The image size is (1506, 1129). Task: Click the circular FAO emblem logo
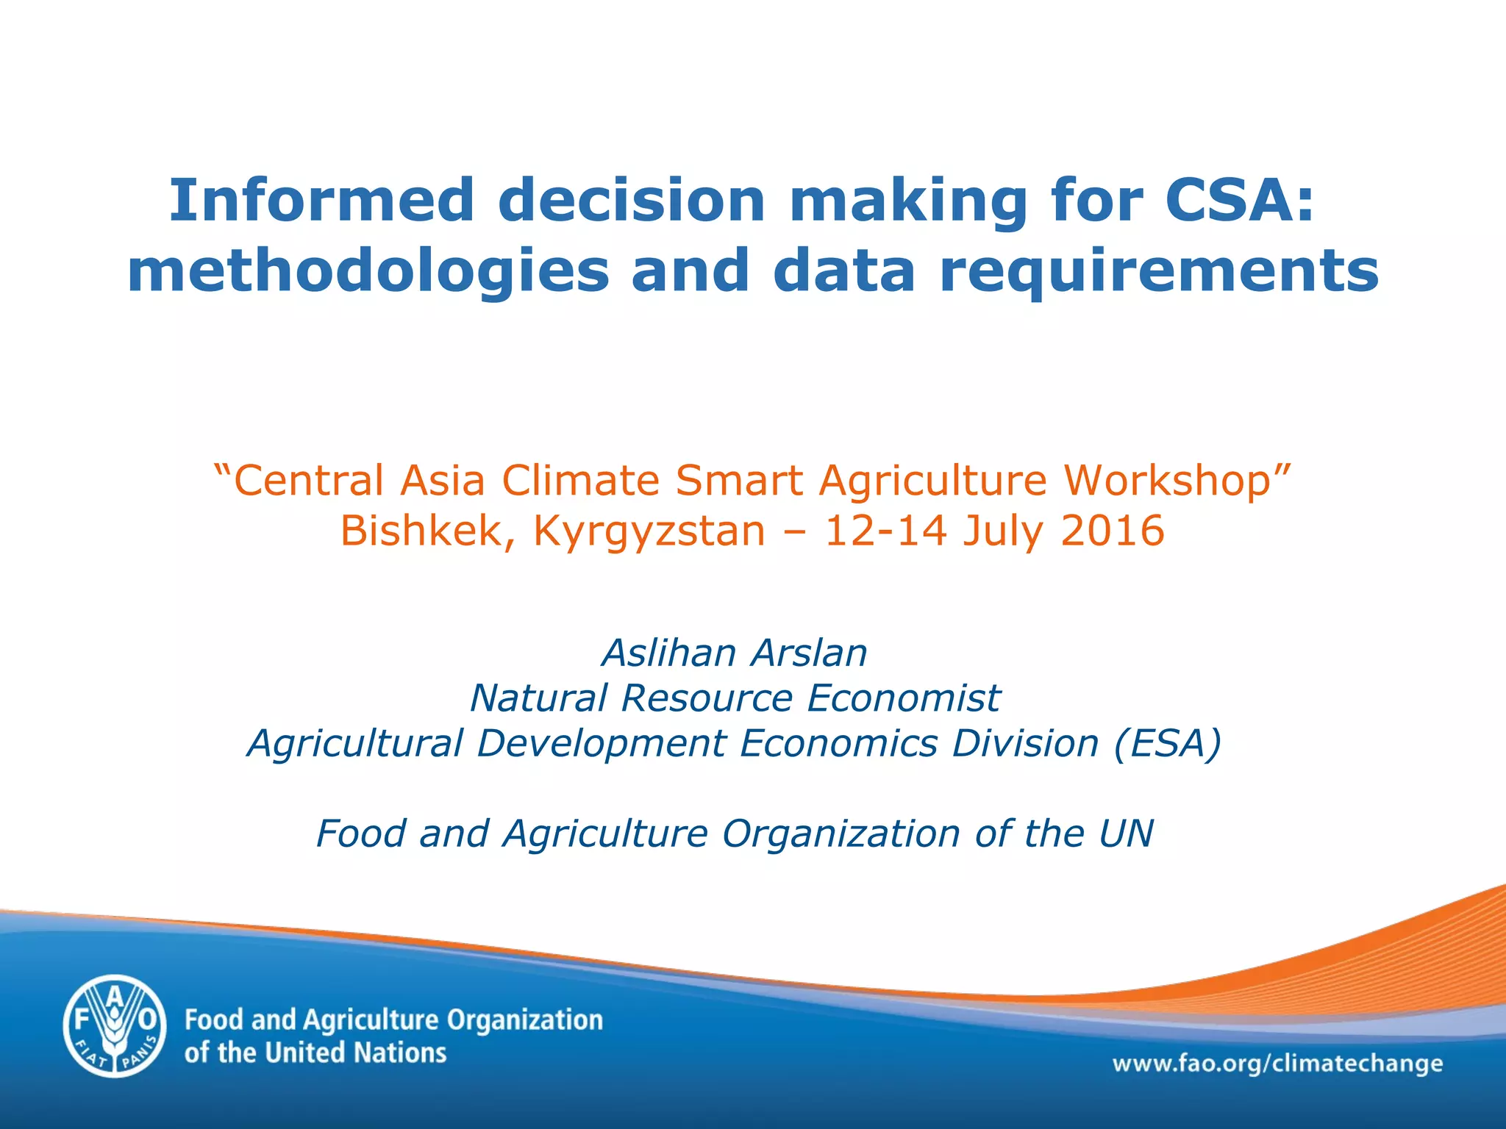click(114, 1026)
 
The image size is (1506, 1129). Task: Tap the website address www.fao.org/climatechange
click(1277, 1064)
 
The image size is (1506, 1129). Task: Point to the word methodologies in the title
click(368, 270)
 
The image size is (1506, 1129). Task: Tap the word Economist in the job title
click(904, 698)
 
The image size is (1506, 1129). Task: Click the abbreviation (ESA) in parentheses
click(1168, 743)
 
